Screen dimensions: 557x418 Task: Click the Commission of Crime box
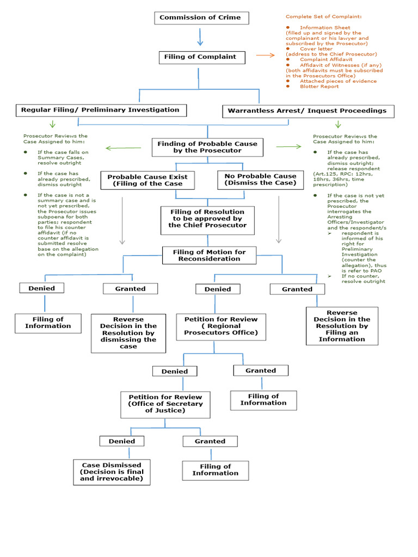coord(201,18)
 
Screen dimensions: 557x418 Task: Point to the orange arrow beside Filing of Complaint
coord(266,55)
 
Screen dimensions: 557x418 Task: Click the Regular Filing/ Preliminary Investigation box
coord(101,110)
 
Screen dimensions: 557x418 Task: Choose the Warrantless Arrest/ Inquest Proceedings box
coord(308,111)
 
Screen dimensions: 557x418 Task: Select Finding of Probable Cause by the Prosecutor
coord(207,147)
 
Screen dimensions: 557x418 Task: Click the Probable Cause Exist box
coord(147,181)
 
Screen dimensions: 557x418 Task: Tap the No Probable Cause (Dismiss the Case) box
coord(260,180)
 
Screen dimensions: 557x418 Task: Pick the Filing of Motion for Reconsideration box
coord(209,256)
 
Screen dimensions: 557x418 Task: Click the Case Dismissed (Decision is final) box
coord(112,472)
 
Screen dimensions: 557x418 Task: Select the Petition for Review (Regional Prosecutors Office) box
coord(221,326)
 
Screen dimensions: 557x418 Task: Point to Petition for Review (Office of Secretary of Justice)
coord(165,404)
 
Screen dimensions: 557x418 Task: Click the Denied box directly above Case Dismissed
coord(121,441)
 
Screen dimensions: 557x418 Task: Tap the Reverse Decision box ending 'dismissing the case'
coord(128,333)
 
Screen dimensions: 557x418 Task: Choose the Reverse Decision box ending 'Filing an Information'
coord(342,326)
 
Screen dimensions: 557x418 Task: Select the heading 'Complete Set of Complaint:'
coord(323,17)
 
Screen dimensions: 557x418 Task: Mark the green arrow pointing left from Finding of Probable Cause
coord(123,147)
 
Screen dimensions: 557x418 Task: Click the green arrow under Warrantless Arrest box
coord(339,125)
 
